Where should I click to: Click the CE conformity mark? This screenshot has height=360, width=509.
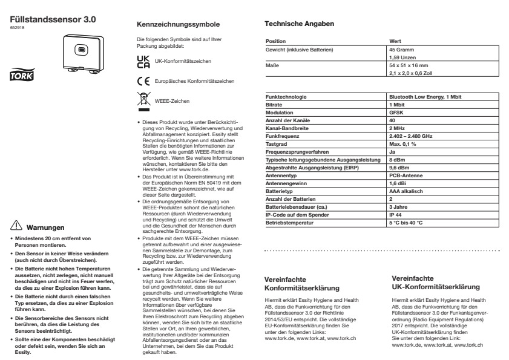click(x=142, y=80)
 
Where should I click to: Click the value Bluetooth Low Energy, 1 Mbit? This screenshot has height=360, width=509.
click(x=425, y=97)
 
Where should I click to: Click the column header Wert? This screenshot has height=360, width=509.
click(x=395, y=41)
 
